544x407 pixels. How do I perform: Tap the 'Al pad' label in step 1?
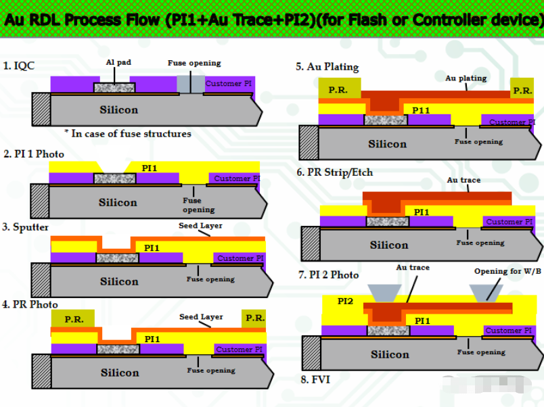click(118, 62)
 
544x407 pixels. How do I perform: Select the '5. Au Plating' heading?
click(327, 66)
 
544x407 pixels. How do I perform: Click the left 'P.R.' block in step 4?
click(74, 319)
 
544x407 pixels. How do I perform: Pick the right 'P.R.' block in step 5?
click(522, 90)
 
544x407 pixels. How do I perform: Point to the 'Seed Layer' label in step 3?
click(200, 226)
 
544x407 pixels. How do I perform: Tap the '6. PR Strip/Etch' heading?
click(334, 172)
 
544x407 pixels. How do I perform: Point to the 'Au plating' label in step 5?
click(466, 78)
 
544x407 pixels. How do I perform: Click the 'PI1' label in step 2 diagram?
click(150, 168)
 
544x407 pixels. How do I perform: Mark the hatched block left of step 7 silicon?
click(311, 353)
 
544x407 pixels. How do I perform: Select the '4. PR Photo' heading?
click(30, 305)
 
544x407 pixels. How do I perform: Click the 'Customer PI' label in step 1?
click(228, 83)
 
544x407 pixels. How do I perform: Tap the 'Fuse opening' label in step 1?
click(194, 63)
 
